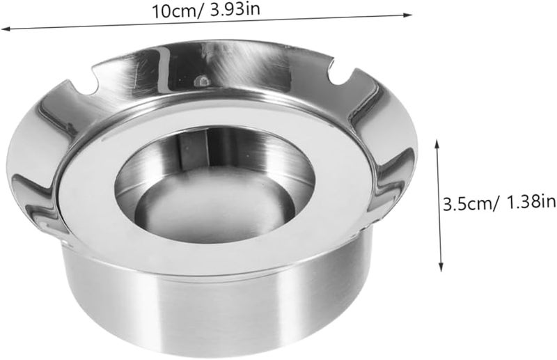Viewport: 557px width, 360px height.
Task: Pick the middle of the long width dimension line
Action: tap(209, 22)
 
